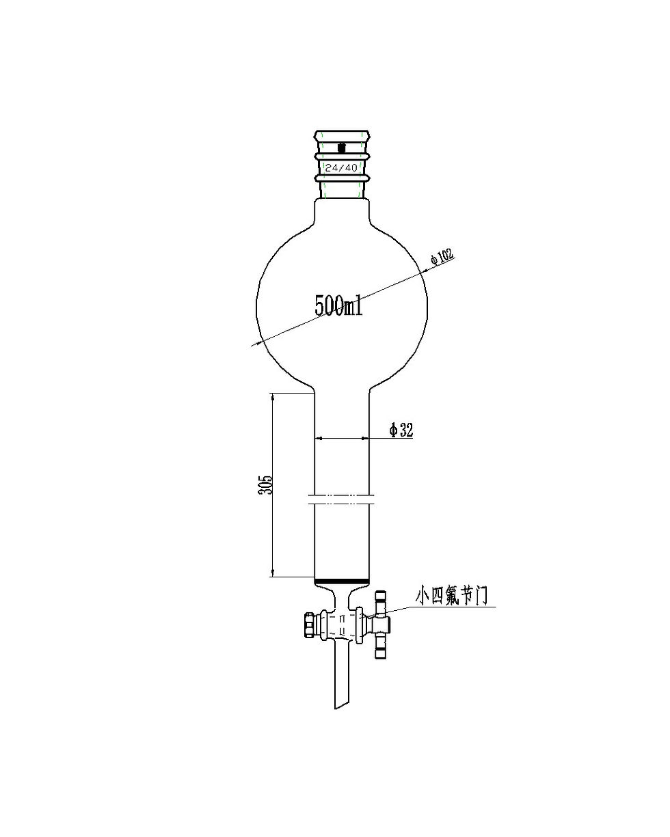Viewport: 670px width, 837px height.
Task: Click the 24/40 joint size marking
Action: pyautogui.click(x=341, y=167)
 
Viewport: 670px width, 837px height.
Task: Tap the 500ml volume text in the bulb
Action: pyautogui.click(x=338, y=305)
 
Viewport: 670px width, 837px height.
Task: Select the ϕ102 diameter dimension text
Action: pyautogui.click(x=442, y=258)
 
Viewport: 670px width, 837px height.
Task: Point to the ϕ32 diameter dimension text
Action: pyautogui.click(x=401, y=430)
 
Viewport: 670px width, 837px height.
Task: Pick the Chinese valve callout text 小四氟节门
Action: pyautogui.click(x=452, y=595)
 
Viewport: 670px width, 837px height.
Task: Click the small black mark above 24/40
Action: pyautogui.click(x=342, y=147)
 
